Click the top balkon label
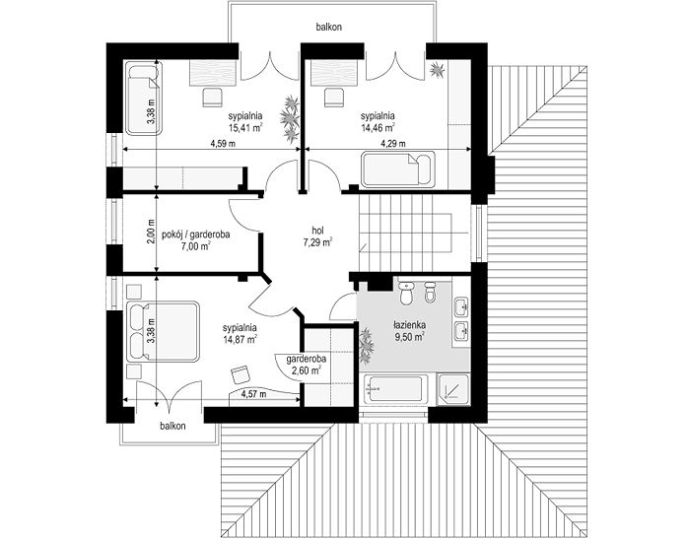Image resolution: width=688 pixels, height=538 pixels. coord(328,27)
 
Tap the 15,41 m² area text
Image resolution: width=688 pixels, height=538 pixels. coord(245,127)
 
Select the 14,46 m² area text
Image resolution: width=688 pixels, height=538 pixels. coord(378,127)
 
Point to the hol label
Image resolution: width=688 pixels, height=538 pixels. coord(317,230)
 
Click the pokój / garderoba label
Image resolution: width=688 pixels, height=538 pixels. coord(196,235)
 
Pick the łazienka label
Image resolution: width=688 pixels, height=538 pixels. coord(409,325)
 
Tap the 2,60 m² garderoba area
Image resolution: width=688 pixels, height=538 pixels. coord(306,370)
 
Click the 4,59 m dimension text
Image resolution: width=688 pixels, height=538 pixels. coord(223,144)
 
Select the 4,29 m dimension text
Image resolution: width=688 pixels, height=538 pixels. coord(392,144)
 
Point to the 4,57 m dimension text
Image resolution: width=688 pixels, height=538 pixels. coord(253,394)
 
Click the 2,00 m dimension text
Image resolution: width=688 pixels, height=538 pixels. coord(151,231)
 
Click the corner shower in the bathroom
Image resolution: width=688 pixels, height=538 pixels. coord(453,389)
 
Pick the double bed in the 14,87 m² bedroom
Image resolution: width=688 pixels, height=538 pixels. coord(163,331)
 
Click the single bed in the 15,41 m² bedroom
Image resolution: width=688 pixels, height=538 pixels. coord(143,100)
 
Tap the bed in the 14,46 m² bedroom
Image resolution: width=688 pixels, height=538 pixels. coord(398,168)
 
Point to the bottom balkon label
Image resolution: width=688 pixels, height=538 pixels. coord(172,426)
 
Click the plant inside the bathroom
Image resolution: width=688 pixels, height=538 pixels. coord(366,347)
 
